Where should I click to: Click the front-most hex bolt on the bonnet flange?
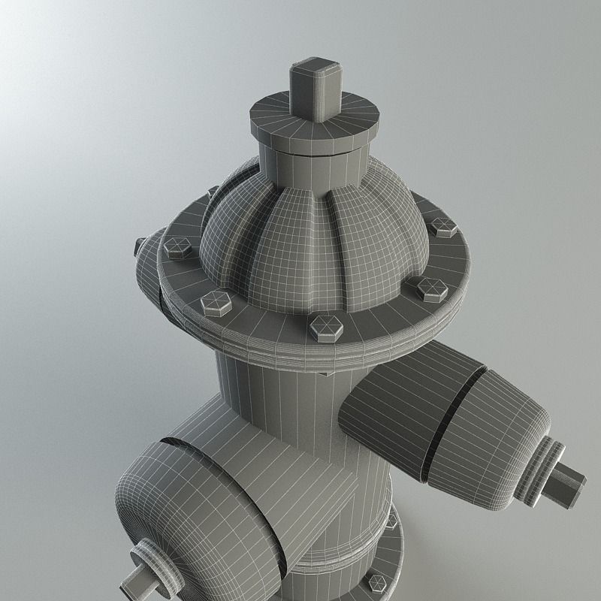pos(326,327)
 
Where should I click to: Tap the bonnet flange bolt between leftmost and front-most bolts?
pos(216,302)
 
